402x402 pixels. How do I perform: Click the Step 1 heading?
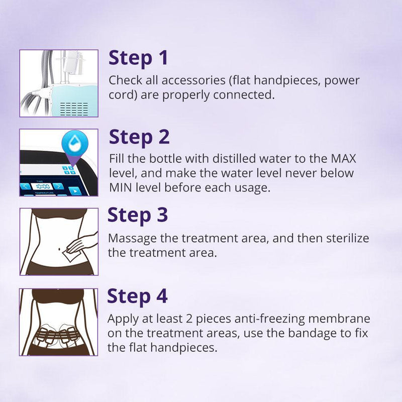point(138,58)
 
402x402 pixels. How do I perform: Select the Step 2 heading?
point(139,137)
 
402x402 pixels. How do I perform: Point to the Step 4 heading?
point(138,296)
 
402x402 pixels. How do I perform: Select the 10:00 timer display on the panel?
point(42,186)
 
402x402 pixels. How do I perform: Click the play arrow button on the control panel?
point(75,191)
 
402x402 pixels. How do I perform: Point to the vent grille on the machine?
point(74,108)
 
